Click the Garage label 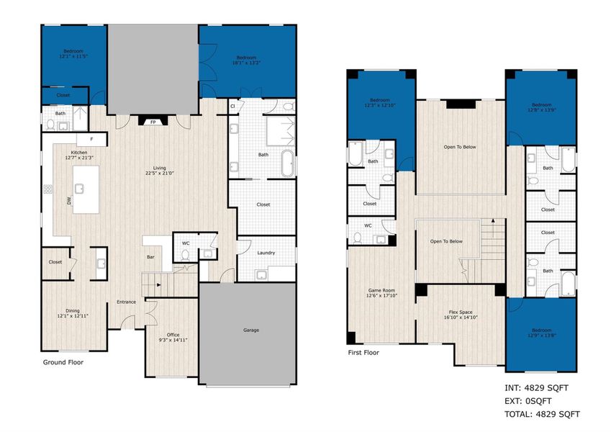click(x=248, y=330)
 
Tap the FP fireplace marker click(x=153, y=122)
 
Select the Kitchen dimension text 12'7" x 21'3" click(x=80, y=157)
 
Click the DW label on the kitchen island click(x=70, y=202)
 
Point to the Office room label click(x=172, y=335)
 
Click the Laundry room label click(x=266, y=252)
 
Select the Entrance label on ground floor click(x=127, y=302)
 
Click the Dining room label click(x=72, y=311)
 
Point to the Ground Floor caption click(x=63, y=362)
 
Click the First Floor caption click(x=363, y=353)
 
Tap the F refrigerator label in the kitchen click(x=91, y=139)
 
